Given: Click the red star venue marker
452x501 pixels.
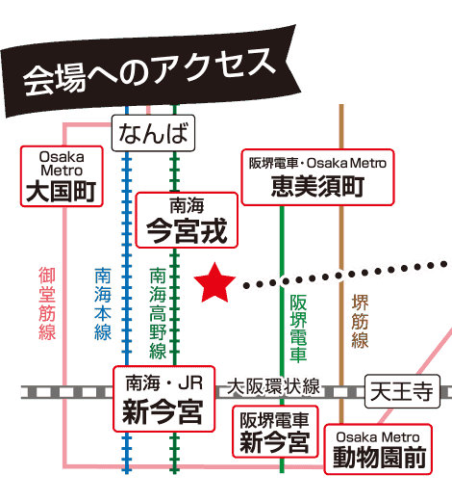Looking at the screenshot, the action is [214, 283].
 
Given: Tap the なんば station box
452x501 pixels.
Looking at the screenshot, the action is [153, 133].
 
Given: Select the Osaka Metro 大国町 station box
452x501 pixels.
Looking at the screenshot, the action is [62, 176].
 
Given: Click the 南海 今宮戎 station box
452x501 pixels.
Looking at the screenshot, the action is [187, 220].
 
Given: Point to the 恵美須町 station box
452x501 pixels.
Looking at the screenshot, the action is [317, 177].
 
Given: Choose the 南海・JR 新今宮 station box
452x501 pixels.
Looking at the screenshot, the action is [163, 399].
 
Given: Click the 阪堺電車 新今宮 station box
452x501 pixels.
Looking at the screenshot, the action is [275, 432].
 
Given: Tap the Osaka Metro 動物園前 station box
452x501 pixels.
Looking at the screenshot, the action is [378, 449].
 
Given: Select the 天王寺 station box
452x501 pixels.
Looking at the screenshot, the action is [402, 391].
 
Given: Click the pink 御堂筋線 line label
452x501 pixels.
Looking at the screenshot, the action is [47, 303].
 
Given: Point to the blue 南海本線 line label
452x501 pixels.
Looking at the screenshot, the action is [103, 303].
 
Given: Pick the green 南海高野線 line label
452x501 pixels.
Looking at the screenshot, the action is [158, 313].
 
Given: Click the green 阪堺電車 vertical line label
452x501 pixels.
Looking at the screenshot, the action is [298, 328].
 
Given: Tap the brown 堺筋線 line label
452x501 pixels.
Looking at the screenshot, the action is [360, 321].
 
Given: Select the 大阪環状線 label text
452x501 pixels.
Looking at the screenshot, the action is [273, 386].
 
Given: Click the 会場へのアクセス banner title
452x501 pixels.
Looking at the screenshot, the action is [149, 72].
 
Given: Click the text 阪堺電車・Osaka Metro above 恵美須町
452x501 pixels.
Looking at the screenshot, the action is [317, 163].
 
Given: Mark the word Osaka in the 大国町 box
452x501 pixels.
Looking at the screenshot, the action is [62, 157].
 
